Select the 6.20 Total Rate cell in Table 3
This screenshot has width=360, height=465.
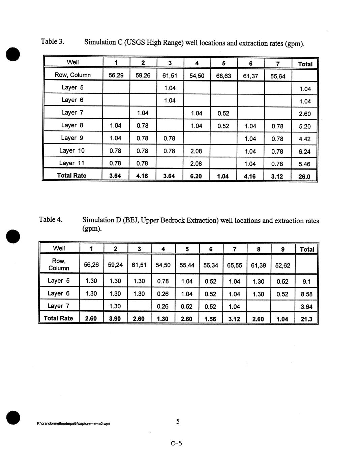196,176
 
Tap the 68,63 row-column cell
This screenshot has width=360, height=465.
223,76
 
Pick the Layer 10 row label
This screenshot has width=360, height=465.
72,150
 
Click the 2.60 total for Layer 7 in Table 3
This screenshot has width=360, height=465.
305,114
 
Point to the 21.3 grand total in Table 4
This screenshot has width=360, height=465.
306,319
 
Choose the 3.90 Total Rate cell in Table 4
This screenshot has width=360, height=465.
115,319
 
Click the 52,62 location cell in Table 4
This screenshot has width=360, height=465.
282,265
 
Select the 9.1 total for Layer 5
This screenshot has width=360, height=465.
306,282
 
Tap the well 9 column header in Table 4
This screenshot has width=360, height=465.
282,249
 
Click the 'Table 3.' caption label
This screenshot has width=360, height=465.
52,41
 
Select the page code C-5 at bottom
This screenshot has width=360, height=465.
176,443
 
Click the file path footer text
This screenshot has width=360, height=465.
73,424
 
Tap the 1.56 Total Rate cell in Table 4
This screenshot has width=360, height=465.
210,319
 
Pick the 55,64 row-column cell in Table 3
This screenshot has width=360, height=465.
277,76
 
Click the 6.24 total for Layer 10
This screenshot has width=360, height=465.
304,152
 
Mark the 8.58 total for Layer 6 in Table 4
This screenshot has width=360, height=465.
306,294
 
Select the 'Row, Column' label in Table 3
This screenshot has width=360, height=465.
72,75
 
